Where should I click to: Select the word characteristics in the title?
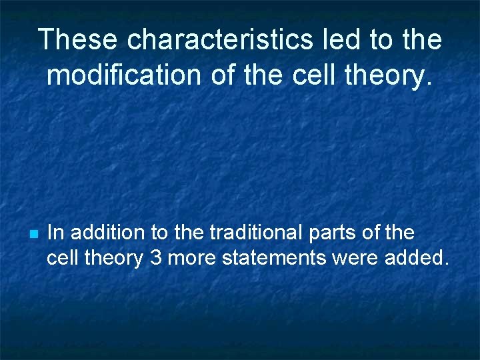tap(219, 40)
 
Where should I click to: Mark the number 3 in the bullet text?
tap(156, 257)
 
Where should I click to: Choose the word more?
tap(191, 257)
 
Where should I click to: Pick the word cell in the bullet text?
tap(61, 257)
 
